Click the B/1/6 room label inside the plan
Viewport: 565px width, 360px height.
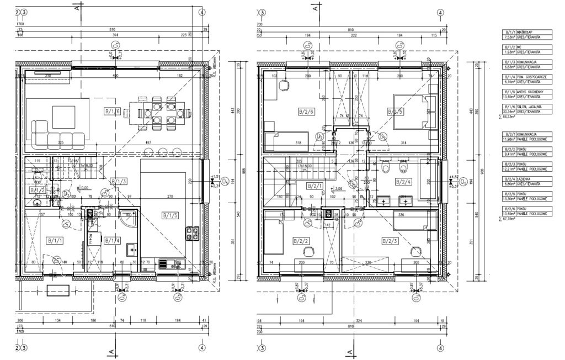tap(112, 112)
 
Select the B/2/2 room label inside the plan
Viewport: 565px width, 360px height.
tap(301, 241)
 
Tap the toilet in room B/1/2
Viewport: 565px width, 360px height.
tap(37, 178)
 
